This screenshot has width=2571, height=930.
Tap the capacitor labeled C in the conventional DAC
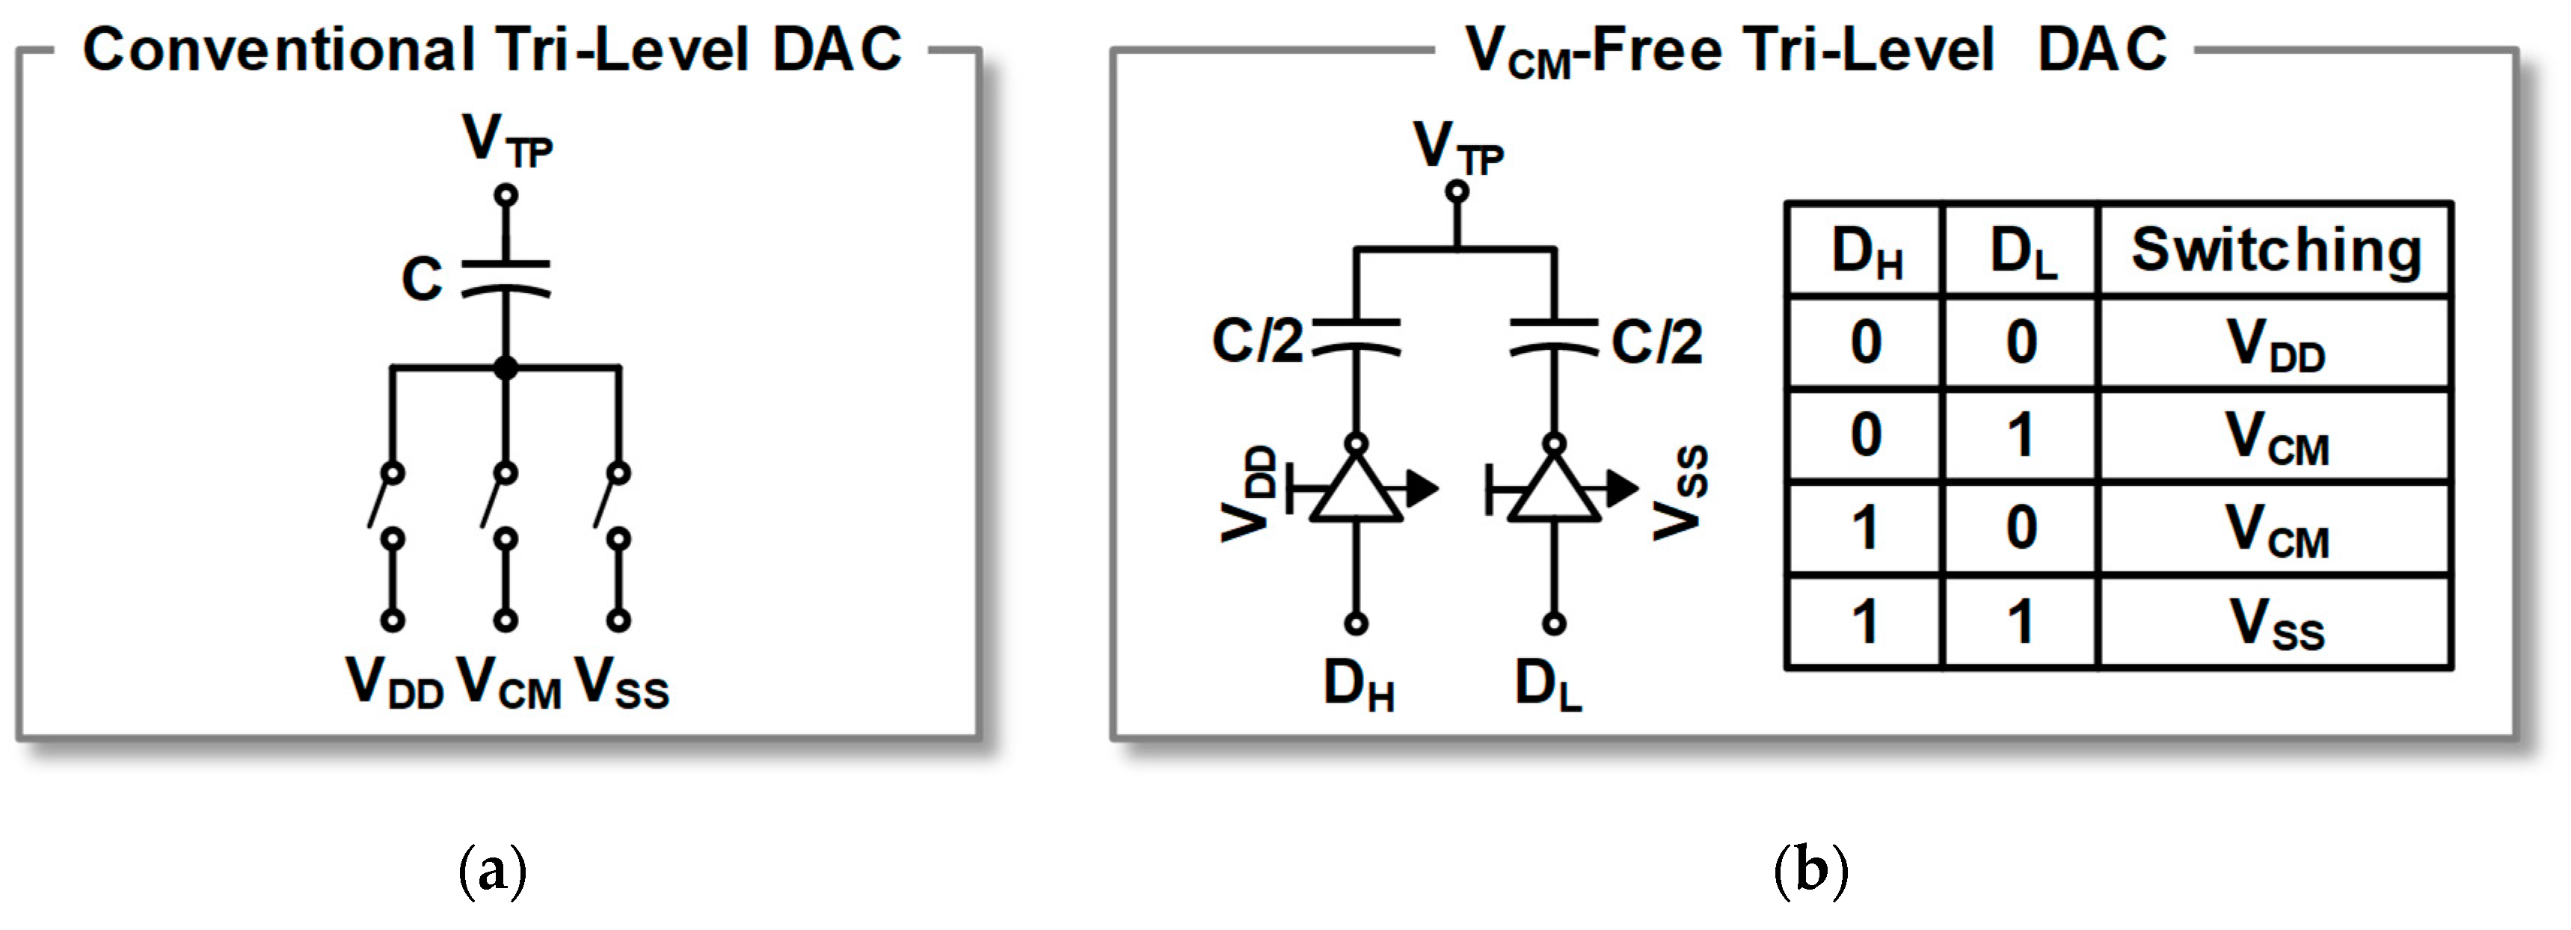coord(506,278)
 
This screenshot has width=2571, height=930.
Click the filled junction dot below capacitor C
coord(506,367)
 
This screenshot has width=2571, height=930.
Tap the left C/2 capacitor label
coord(1256,341)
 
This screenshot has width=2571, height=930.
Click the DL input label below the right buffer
coord(1548,686)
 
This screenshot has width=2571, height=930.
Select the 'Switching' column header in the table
coord(2276,250)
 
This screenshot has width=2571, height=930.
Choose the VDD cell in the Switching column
coord(2276,343)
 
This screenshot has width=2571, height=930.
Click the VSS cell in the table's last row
coord(2276,623)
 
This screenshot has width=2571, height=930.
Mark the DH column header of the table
coord(1865,251)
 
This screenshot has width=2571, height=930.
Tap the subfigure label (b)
coord(1810,870)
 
